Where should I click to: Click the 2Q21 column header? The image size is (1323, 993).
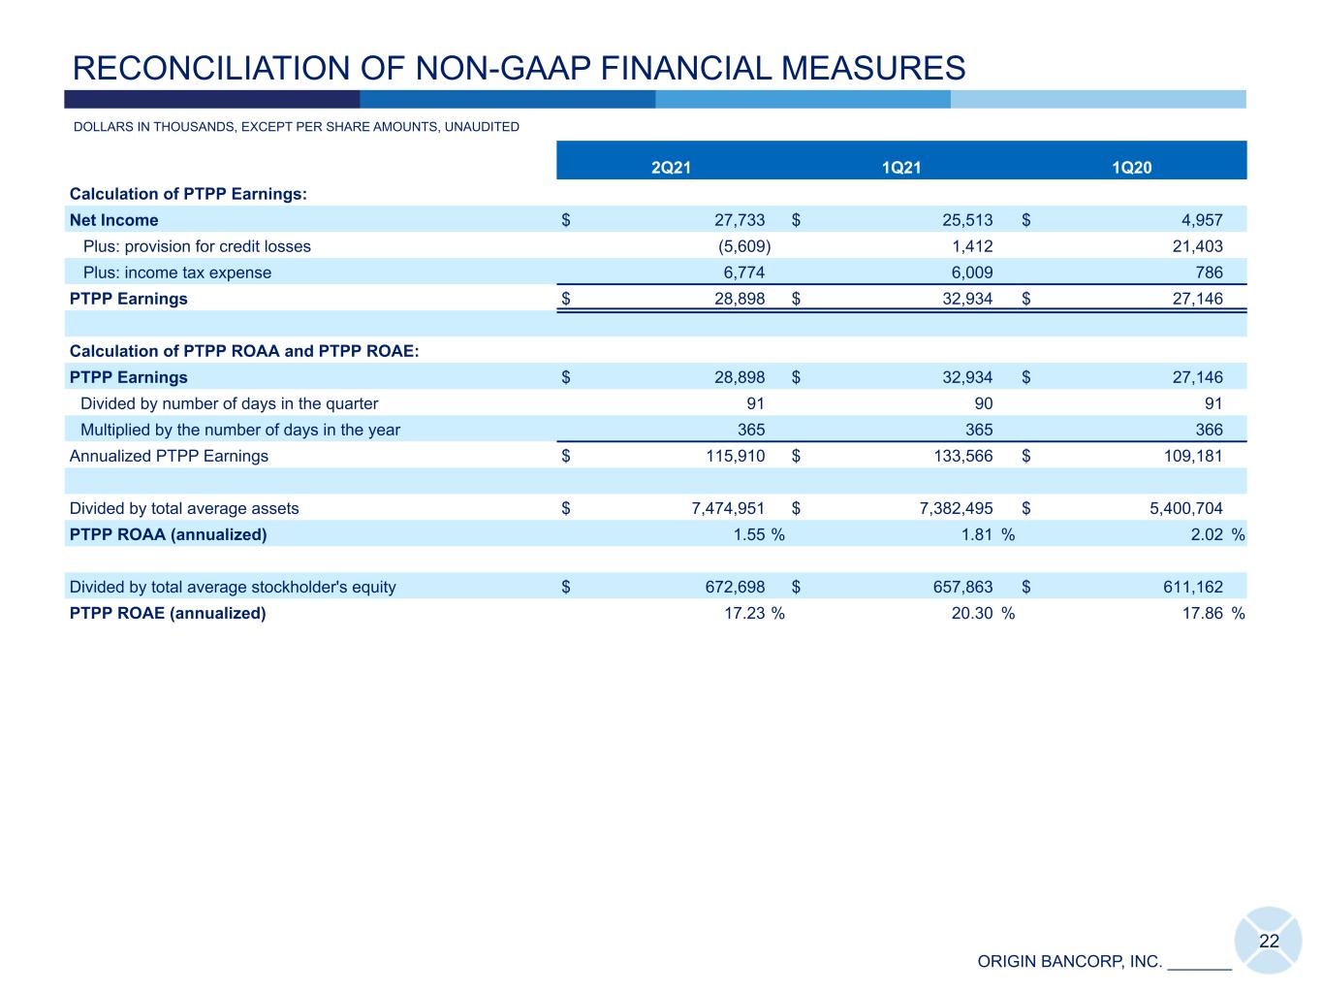(671, 167)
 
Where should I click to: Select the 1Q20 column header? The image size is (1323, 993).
(1131, 167)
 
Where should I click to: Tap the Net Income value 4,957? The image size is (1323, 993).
(1202, 220)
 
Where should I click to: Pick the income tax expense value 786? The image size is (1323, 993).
(1209, 272)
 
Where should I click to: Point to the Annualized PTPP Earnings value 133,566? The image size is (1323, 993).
(963, 456)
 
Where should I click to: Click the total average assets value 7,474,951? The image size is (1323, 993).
(728, 508)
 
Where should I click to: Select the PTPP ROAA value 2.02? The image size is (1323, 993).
(1207, 534)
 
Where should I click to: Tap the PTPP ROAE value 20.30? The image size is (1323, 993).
(972, 613)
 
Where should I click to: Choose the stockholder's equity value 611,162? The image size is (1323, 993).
(1193, 587)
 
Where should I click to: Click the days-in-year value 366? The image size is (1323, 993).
(1209, 430)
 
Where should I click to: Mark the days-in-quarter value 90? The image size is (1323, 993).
(983, 403)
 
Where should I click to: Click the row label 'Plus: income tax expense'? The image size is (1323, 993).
(177, 272)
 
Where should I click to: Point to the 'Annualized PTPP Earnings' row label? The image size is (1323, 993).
(169, 457)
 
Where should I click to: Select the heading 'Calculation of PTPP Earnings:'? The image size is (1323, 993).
(188, 194)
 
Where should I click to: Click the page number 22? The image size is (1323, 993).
(1269, 942)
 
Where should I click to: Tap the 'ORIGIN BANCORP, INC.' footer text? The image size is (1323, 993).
(1069, 962)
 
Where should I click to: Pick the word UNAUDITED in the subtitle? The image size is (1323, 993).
(482, 127)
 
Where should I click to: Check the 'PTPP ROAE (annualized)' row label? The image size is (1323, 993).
(168, 613)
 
